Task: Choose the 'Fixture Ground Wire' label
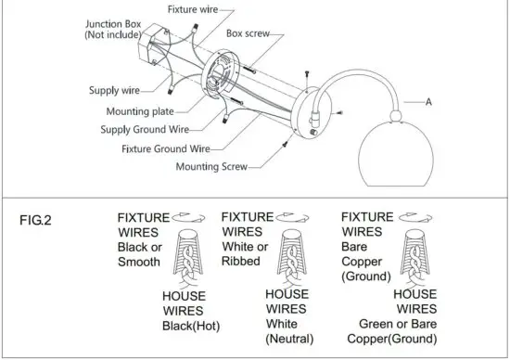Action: pyautogui.click(x=165, y=148)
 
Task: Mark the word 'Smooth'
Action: pyautogui.click(x=139, y=263)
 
